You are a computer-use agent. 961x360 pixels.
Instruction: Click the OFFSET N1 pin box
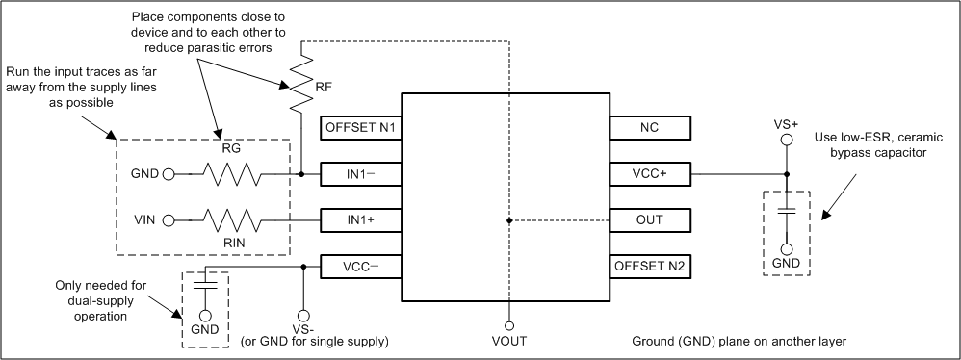tap(361, 128)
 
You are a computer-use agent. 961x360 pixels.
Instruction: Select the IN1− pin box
tap(361, 174)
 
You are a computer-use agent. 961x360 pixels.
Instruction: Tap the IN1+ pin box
tap(361, 220)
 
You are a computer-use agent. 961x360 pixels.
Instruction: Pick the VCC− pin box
tap(361, 266)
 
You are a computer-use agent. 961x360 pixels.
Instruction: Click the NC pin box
tap(650, 128)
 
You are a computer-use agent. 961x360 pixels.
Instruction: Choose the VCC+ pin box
tap(650, 174)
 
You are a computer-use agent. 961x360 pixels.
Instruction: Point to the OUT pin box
tap(650, 220)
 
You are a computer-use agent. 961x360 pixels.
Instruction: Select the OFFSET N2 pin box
tap(650, 266)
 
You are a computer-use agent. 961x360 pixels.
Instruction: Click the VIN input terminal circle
tap(169, 220)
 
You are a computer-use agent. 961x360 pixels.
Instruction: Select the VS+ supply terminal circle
tap(787, 140)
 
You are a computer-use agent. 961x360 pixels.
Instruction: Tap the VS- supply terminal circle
tap(302, 315)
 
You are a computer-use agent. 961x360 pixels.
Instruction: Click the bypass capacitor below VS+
tap(787, 211)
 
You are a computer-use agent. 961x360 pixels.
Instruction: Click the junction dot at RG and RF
tap(302, 175)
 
